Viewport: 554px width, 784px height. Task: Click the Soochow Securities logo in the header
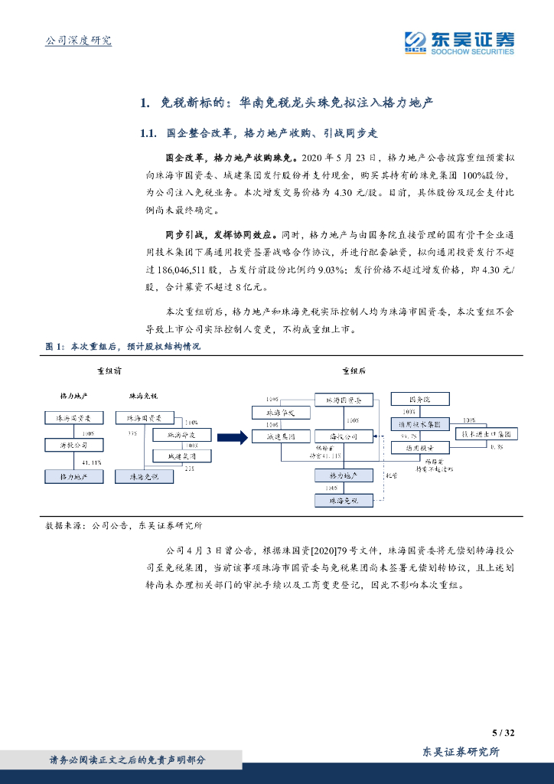tap(459, 41)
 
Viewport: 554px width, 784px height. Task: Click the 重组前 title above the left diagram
tap(109, 371)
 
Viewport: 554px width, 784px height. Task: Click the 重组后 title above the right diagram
tap(353, 371)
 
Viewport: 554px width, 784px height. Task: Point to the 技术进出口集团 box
tap(490, 433)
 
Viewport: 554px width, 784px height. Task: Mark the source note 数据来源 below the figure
tap(61, 526)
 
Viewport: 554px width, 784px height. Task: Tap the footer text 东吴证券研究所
tap(461, 753)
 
